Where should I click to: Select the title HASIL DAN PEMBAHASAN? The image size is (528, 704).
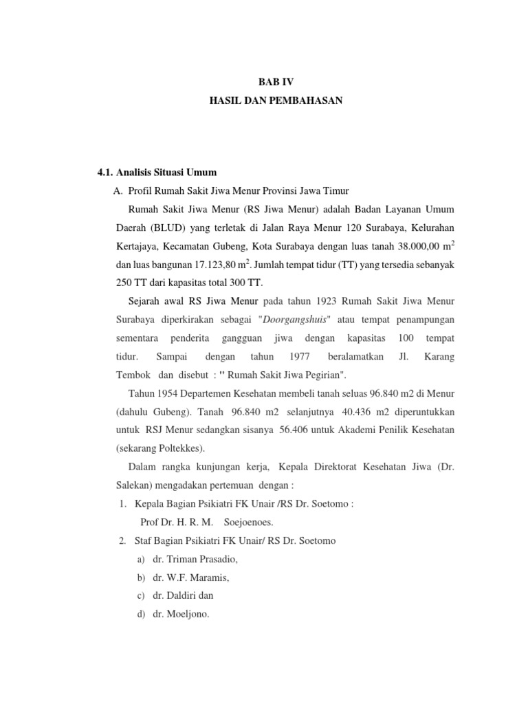pos(275,101)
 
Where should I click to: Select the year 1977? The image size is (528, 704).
pos(298,357)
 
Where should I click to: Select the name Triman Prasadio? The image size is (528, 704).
pos(195,560)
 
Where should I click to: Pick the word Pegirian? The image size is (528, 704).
pos(324,375)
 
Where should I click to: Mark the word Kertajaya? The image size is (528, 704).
pos(136,245)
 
